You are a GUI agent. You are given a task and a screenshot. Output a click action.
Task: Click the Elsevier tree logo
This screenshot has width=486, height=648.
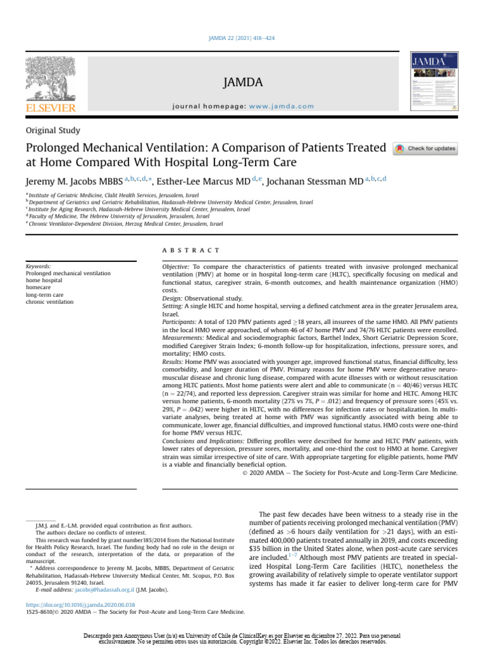[x=50, y=79]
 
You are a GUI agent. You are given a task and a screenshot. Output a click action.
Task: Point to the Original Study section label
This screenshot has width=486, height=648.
[x=53, y=131]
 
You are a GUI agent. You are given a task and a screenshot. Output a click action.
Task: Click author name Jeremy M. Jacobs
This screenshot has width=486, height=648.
[x=73, y=182]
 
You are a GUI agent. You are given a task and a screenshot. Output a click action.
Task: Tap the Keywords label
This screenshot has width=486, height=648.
[x=39, y=266]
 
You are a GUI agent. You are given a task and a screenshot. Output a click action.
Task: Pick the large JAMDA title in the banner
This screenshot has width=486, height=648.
[x=242, y=82]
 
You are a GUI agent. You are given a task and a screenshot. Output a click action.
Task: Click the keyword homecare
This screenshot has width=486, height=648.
[x=39, y=288]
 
